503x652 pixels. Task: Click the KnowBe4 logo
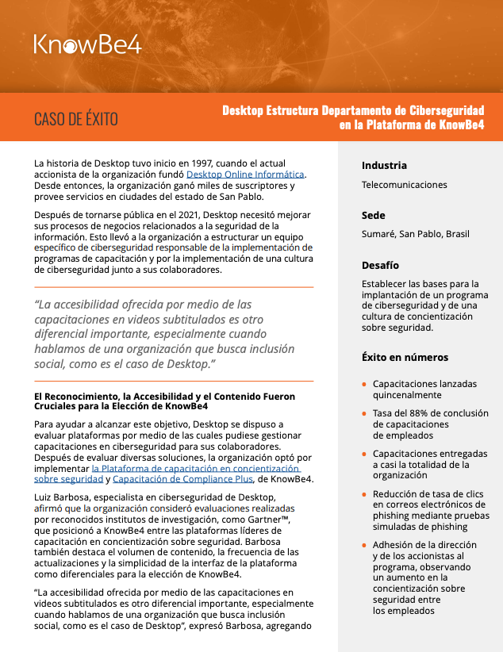(87, 44)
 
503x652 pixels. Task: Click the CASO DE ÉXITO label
(75, 119)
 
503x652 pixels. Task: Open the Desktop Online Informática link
(245, 174)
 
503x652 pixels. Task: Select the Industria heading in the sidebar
(384, 165)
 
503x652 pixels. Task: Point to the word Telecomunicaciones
(404, 185)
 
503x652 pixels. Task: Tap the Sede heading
(373, 215)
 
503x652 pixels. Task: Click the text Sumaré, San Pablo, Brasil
(415, 234)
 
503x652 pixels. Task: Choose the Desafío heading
(380, 265)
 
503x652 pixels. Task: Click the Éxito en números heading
(405, 357)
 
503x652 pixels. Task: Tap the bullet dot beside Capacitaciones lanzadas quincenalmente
(364, 384)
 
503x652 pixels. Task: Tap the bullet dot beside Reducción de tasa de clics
(364, 493)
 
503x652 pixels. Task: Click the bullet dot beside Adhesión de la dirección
(364, 546)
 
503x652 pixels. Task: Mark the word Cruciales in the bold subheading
(60, 406)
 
